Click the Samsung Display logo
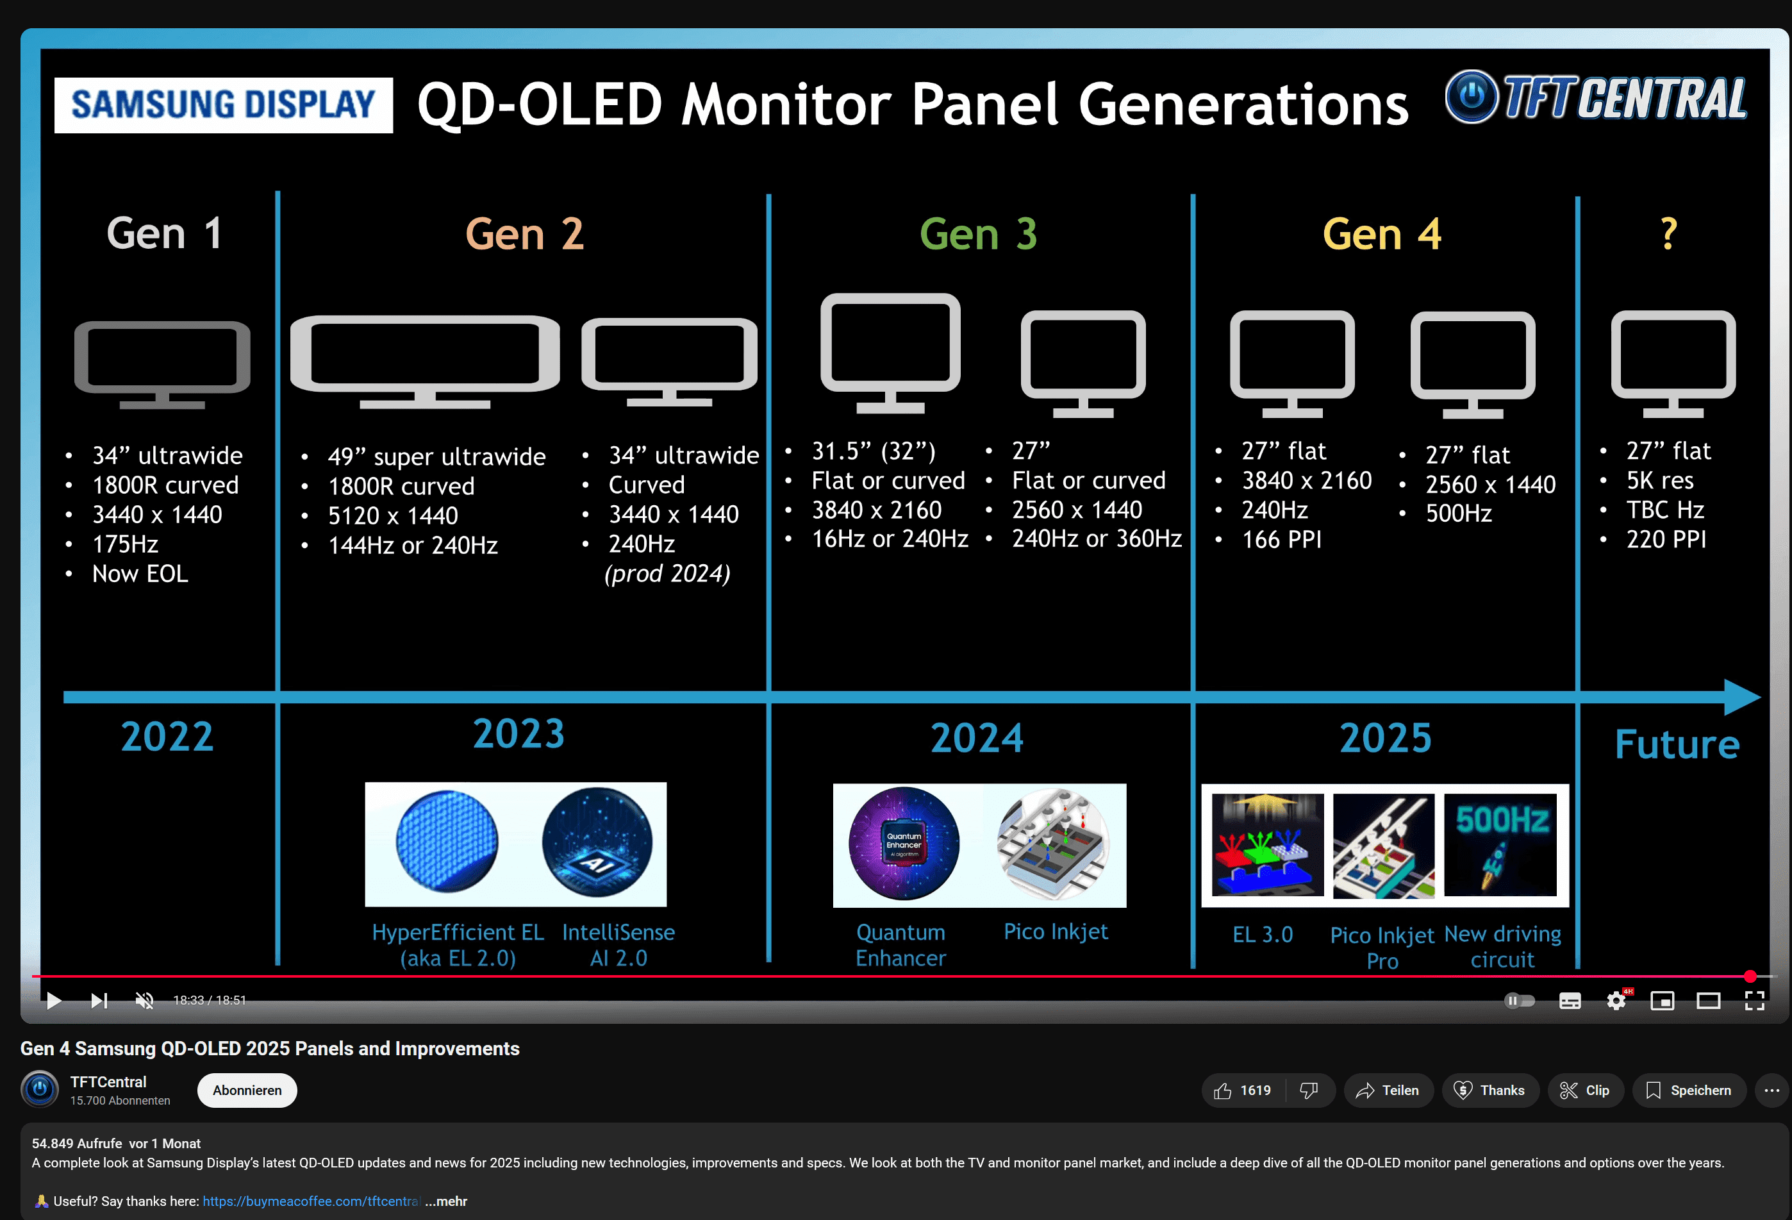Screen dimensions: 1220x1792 pos(223,105)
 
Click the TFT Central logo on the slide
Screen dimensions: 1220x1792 pos(1595,99)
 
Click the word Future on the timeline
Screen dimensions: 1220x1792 pos(1677,744)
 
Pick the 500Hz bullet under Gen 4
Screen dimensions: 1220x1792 pos(1458,514)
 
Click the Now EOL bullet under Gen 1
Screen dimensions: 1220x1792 pos(140,574)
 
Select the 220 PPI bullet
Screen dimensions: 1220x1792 pos(1666,539)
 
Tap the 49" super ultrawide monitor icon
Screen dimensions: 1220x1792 pos(425,360)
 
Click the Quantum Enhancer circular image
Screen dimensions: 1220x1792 pos(904,844)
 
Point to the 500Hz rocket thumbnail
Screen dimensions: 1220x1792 pos(1500,845)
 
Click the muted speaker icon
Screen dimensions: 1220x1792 pos(144,1000)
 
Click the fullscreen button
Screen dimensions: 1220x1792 pos(1754,1000)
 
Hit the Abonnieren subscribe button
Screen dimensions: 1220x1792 pos(247,1090)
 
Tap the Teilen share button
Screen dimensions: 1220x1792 pos(1389,1090)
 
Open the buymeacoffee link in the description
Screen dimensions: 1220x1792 pos(311,1201)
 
